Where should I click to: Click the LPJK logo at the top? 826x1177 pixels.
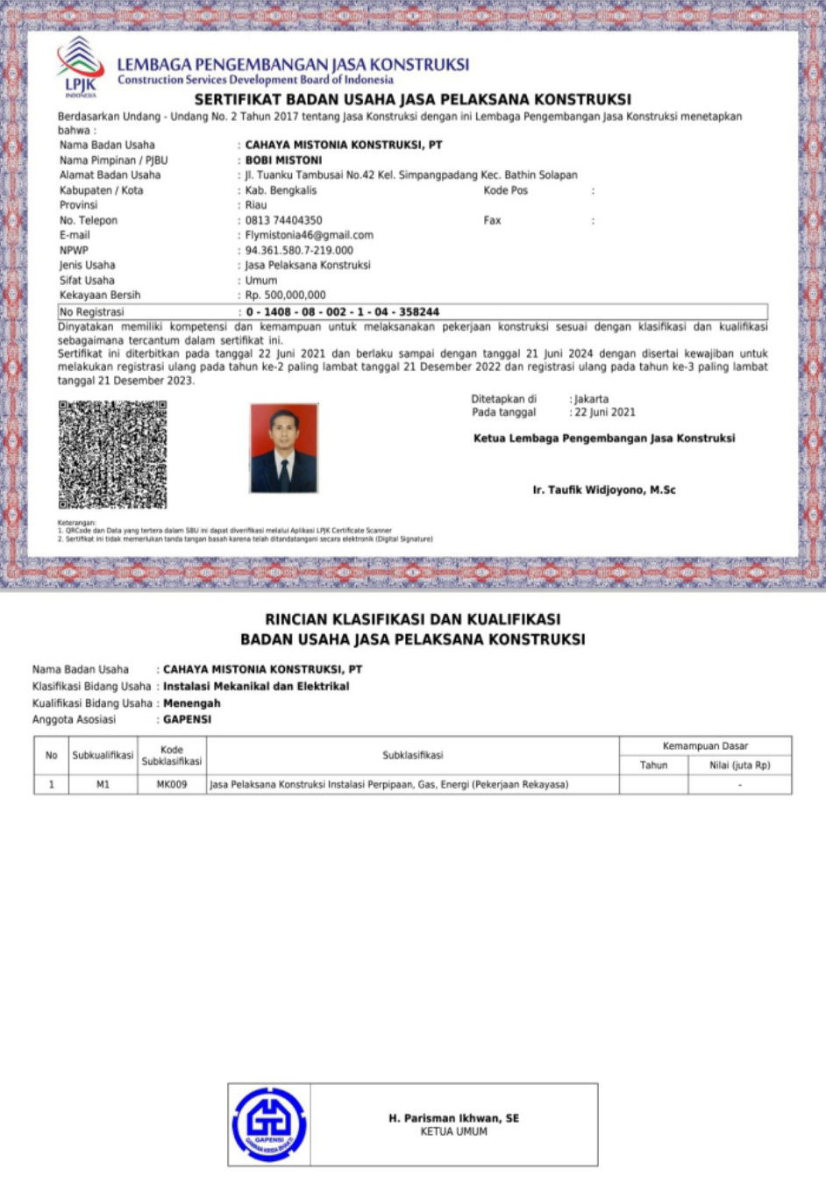point(80,66)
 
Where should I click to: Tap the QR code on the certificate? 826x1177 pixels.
point(112,454)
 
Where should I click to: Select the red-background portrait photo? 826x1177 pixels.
point(283,448)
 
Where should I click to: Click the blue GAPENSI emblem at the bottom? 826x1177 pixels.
point(269,1124)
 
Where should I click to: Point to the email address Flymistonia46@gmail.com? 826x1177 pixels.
point(309,235)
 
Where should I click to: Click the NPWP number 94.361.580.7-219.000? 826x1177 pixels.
point(299,250)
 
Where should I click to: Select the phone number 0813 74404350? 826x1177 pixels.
point(283,220)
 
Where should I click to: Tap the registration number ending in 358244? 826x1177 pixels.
point(342,311)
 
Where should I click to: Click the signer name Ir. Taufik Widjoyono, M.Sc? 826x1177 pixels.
point(604,490)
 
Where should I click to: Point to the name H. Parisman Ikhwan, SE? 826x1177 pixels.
point(453,1118)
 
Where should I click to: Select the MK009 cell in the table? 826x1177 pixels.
point(172,785)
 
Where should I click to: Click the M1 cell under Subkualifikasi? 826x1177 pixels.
point(103,785)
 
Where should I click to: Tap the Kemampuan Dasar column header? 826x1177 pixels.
point(705,746)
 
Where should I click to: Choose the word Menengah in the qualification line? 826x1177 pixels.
point(191,703)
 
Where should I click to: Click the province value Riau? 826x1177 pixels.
point(256,205)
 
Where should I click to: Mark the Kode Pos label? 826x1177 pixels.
point(505,190)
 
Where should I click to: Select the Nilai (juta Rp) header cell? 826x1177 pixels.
point(739,766)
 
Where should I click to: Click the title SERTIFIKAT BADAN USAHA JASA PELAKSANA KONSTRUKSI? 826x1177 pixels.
point(412,99)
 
